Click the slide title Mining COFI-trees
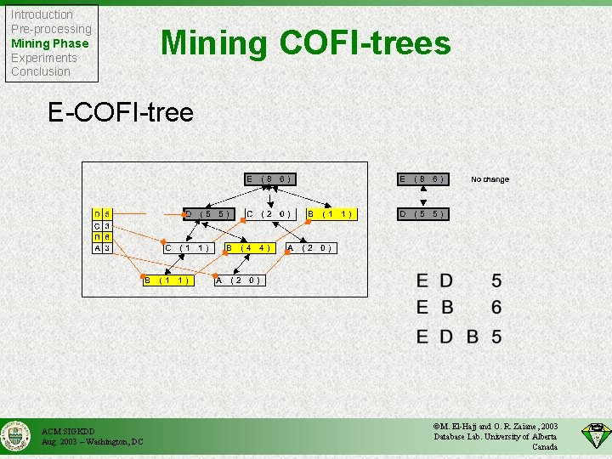(x=306, y=42)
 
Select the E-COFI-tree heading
(x=121, y=112)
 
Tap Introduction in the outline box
(x=42, y=14)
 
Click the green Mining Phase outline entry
(x=49, y=43)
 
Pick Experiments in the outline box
(x=43, y=58)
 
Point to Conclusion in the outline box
(x=41, y=71)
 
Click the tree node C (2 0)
(x=269, y=213)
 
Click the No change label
(x=490, y=179)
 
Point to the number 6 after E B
(x=496, y=308)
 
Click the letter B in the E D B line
(x=472, y=337)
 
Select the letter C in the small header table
(x=98, y=225)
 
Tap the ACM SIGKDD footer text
(x=68, y=432)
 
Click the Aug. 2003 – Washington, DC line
(x=93, y=442)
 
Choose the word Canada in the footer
(x=545, y=447)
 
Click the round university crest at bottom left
(x=17, y=436)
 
